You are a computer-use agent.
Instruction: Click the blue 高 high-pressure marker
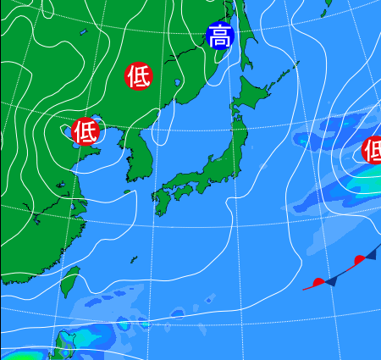219,36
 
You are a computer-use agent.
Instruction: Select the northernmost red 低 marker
139,76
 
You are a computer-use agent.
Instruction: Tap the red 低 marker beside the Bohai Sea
85,131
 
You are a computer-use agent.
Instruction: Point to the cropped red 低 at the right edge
373,150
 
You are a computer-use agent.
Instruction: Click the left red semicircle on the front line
318,282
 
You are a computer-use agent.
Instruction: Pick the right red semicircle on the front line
360,258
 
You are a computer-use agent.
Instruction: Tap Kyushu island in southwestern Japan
162,202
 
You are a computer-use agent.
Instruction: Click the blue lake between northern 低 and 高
177,83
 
